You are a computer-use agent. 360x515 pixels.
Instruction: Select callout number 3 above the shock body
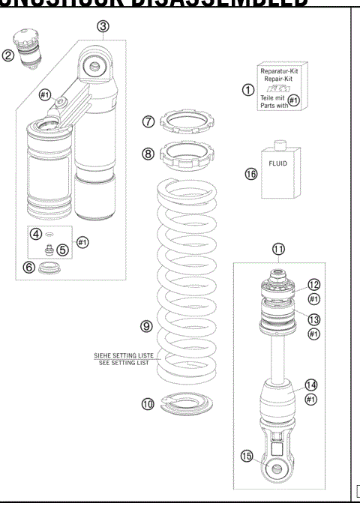[x=103, y=27]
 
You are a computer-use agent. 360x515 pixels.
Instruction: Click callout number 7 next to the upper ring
[x=148, y=119]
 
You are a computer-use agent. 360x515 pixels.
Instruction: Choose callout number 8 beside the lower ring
[x=148, y=153]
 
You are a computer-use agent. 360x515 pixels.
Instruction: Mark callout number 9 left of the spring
[x=146, y=327]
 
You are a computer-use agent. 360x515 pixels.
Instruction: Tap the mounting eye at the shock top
[x=95, y=67]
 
